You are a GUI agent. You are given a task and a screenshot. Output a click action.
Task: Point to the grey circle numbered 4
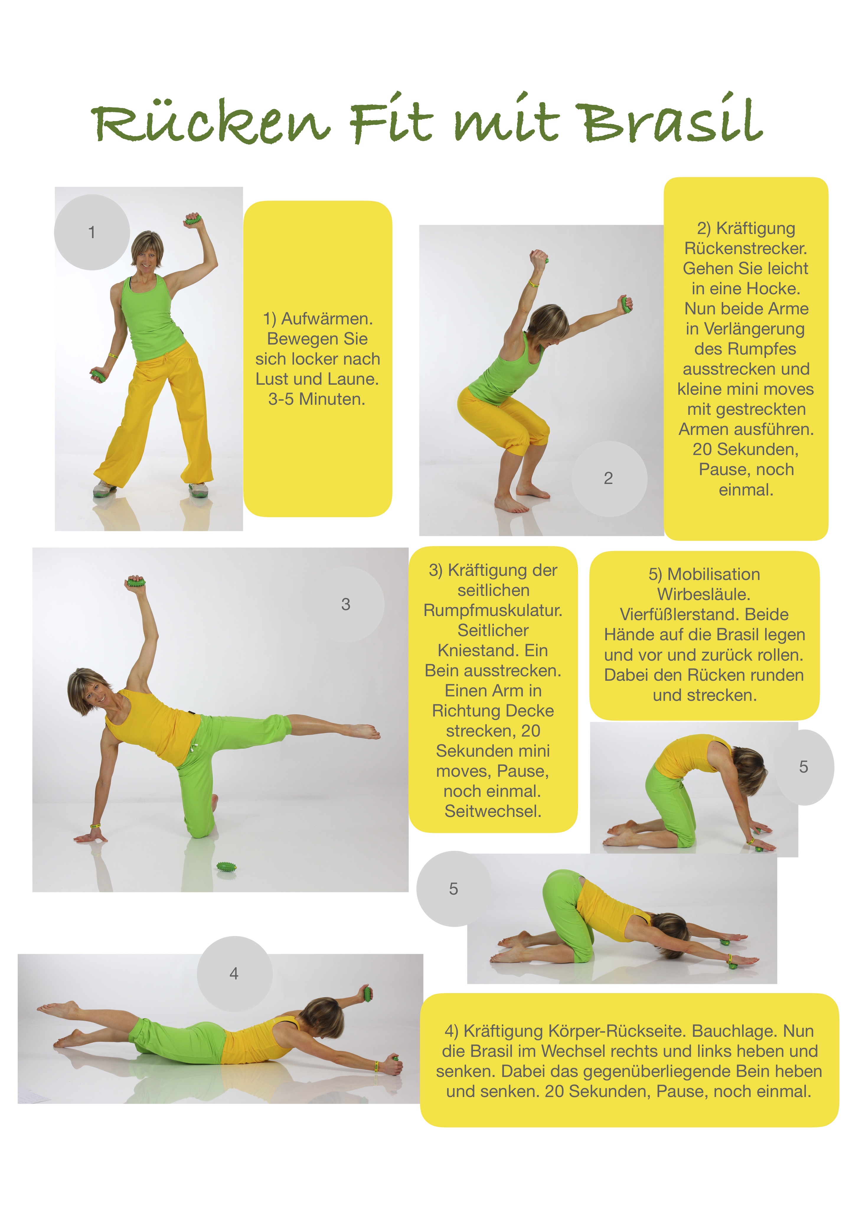[x=235, y=974]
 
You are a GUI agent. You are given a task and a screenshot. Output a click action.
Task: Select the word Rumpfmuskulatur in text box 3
[x=493, y=610]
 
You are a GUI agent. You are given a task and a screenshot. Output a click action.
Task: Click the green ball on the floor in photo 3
[x=227, y=866]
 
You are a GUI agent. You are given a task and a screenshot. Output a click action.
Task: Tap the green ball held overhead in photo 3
[x=135, y=582]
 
